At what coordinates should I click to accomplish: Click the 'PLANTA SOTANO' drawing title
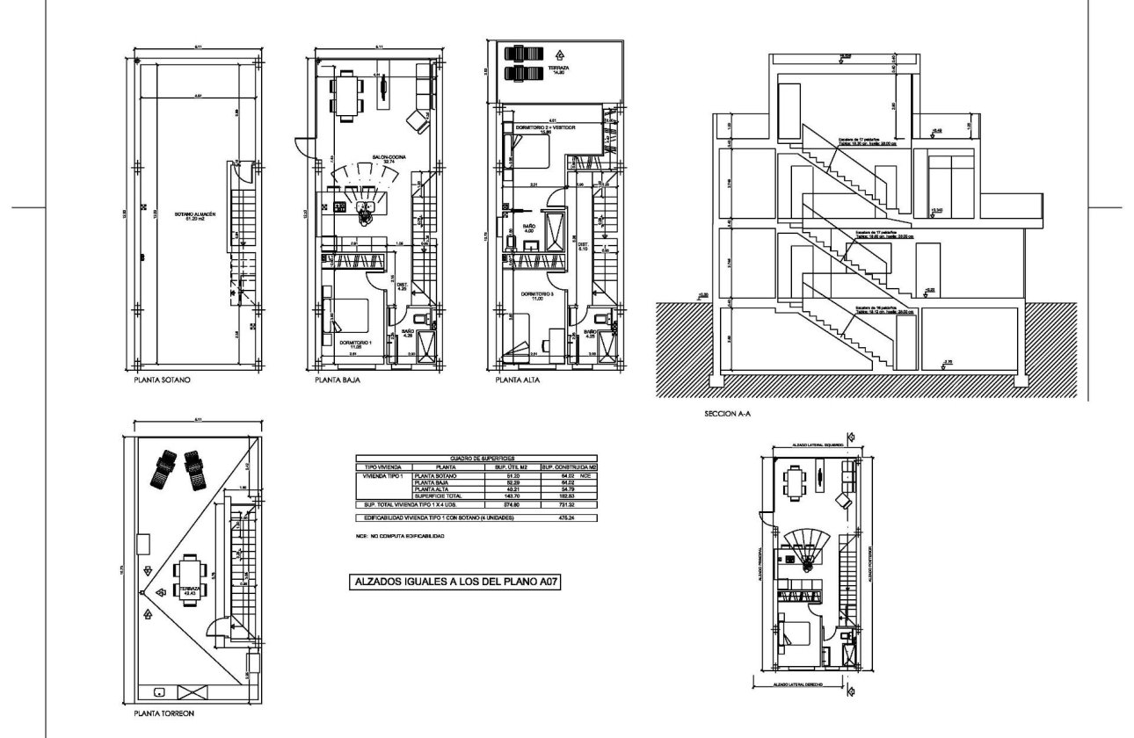tap(163, 381)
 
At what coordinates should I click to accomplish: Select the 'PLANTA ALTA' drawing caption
tap(519, 381)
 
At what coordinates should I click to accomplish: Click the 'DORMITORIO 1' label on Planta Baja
tap(356, 343)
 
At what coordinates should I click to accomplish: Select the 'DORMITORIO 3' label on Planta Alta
tap(536, 294)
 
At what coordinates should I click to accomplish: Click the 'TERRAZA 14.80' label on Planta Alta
tap(558, 70)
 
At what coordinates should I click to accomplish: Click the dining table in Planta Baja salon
tap(347, 94)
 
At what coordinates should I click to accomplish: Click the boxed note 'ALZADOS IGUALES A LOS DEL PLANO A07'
tap(455, 581)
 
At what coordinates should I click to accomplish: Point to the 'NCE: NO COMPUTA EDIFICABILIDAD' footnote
tap(399, 535)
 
